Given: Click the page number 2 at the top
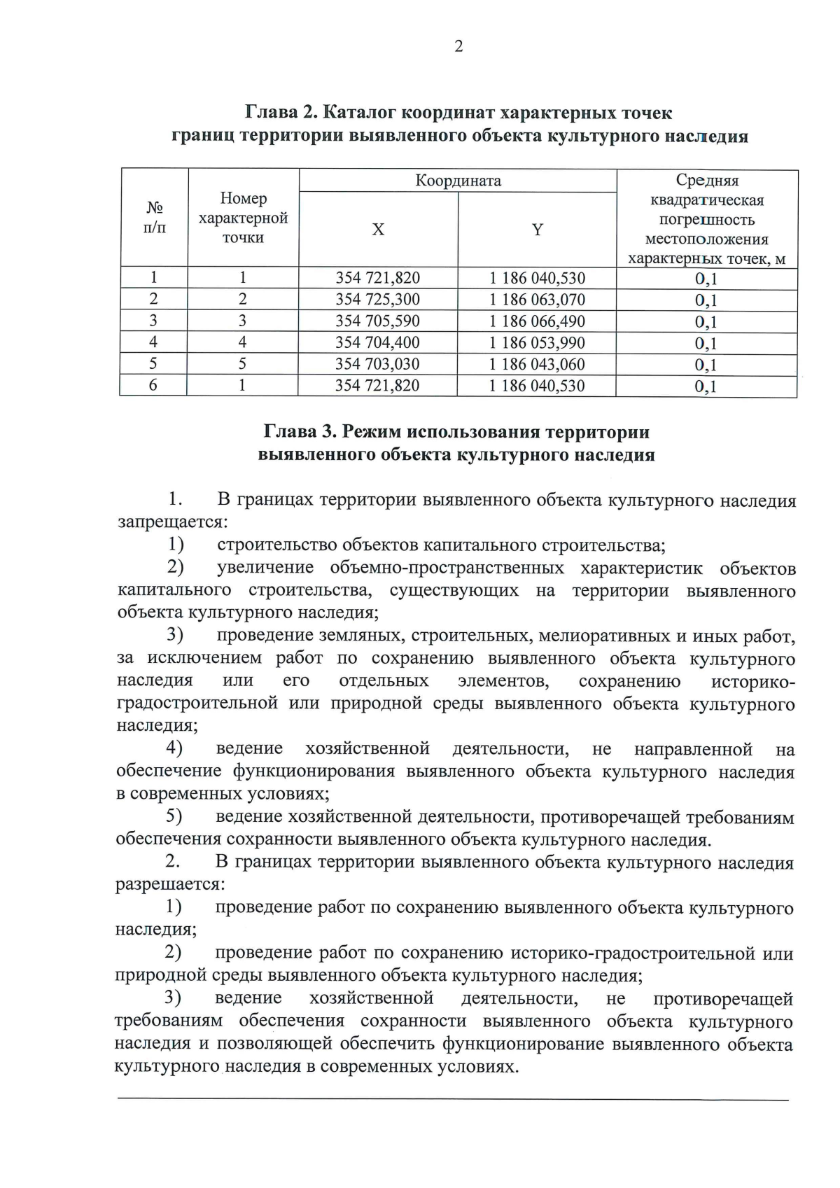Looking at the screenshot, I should (x=458, y=47).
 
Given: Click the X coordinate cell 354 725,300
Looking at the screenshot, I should (x=378, y=300).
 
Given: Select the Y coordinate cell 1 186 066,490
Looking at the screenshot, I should (x=537, y=321).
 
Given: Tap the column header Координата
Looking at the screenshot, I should (x=458, y=181).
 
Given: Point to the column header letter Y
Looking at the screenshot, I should (x=537, y=230).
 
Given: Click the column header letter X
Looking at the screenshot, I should (x=378, y=230).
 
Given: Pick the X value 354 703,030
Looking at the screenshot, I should (x=378, y=364).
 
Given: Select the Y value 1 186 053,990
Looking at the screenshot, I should (x=537, y=343).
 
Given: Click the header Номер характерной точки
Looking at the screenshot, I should (x=243, y=218).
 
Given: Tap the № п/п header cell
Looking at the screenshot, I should (x=154, y=218).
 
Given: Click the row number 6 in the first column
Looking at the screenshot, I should (x=153, y=386).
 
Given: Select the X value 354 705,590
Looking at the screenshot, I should (x=378, y=321).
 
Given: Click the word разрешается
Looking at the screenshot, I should (x=169, y=883).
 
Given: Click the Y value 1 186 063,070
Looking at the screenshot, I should (x=537, y=300).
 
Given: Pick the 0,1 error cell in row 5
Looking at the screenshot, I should (x=706, y=365).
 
